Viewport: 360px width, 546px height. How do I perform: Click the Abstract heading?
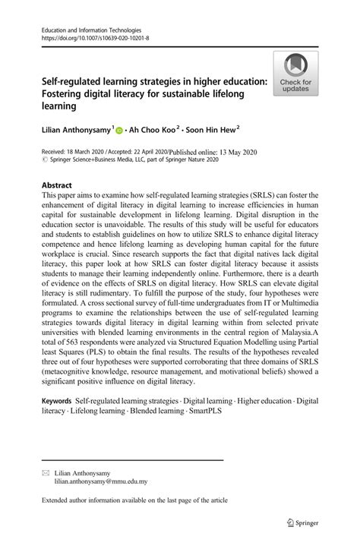[x=57, y=185]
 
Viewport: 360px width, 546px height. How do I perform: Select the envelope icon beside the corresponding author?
[x=44, y=472]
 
